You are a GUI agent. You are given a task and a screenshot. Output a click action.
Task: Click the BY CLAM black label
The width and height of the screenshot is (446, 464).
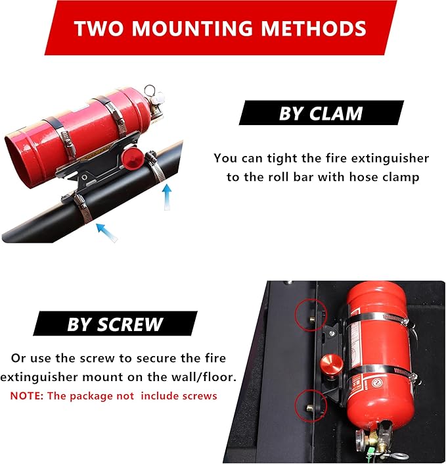point(321,113)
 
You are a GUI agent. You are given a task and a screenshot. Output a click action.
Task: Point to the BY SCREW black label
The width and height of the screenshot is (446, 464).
point(115,324)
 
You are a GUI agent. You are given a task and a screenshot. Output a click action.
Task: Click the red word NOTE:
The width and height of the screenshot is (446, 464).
point(28,396)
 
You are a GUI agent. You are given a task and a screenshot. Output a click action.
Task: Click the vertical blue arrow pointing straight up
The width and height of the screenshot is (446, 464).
point(167,196)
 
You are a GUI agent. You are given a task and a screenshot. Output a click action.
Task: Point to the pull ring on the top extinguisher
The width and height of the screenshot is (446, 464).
point(150,91)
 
